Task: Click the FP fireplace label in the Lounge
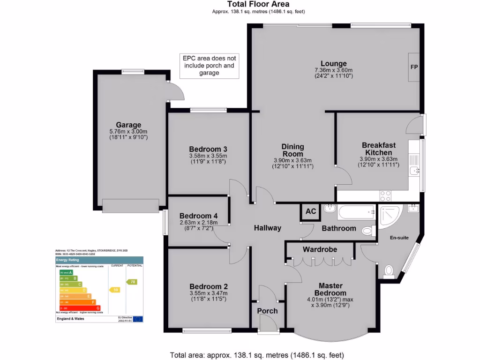point(414,67)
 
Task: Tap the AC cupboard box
point(310,211)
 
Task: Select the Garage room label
point(128,125)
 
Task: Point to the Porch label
point(267,311)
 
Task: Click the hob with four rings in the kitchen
point(385,195)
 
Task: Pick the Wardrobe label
point(320,249)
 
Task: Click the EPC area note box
point(209,65)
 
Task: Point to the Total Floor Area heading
point(258,4)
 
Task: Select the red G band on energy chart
point(79,307)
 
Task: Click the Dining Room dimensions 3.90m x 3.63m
point(292,160)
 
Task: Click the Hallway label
point(267,228)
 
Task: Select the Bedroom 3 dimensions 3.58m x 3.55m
point(208,156)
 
